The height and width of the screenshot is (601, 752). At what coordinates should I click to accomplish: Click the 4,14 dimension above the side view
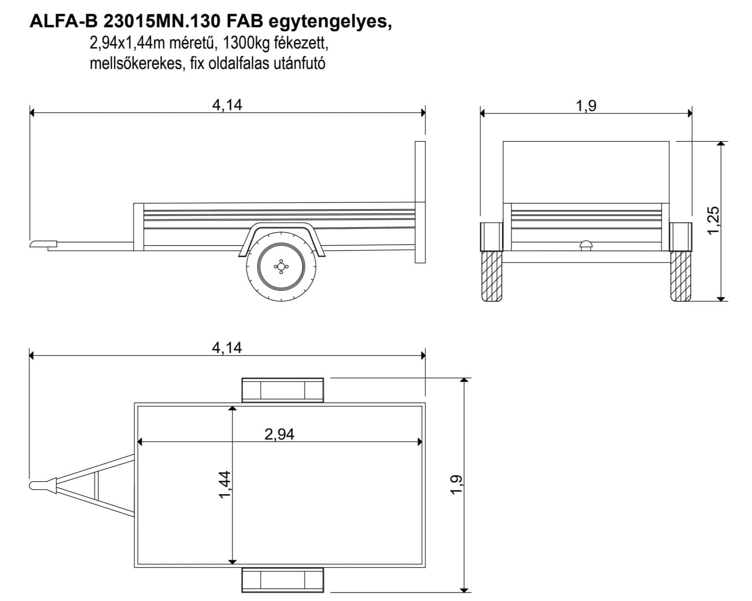click(227, 105)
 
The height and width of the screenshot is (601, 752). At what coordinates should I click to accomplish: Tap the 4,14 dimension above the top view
click(227, 348)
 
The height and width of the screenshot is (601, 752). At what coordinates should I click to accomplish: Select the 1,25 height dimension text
click(714, 220)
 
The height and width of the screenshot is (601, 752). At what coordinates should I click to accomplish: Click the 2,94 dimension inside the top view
click(280, 434)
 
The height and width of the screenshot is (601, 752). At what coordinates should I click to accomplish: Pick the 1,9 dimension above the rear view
click(586, 106)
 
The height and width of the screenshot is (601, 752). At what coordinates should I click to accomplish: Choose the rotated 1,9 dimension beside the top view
click(456, 485)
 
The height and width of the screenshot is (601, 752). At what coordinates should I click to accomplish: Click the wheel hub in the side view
click(281, 266)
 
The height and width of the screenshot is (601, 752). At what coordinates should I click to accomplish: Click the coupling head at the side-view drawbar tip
click(43, 244)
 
